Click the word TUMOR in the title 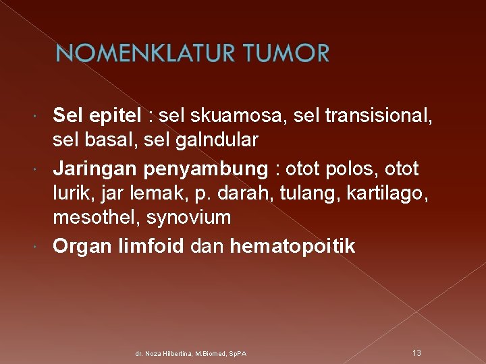283,53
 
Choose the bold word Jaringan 94,168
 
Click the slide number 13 416,353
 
